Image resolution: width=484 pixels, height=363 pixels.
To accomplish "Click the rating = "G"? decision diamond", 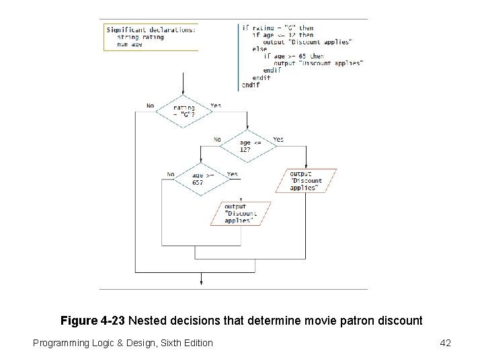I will coord(184,111).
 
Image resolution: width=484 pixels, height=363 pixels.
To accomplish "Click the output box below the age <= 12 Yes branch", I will coord(306,180).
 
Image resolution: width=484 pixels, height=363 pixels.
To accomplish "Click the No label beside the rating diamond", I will coord(149,106).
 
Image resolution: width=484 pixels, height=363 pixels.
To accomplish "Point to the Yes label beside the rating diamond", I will coord(216,106).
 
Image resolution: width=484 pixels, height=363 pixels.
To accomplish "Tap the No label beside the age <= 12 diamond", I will coord(217,140).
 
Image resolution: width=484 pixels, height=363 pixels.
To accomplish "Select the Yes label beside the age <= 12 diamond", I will coord(278,140).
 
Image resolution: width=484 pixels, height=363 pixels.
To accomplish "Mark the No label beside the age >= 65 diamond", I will coord(171,174).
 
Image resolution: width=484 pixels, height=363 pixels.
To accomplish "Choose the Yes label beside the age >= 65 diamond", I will coord(232,174).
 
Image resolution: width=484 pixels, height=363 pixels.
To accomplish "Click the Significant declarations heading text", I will coord(151,29).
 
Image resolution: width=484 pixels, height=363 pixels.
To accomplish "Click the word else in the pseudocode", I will coord(259,49).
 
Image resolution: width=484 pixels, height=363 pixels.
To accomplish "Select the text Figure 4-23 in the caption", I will coord(93,321).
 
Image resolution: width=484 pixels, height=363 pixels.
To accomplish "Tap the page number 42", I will coord(444,344).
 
